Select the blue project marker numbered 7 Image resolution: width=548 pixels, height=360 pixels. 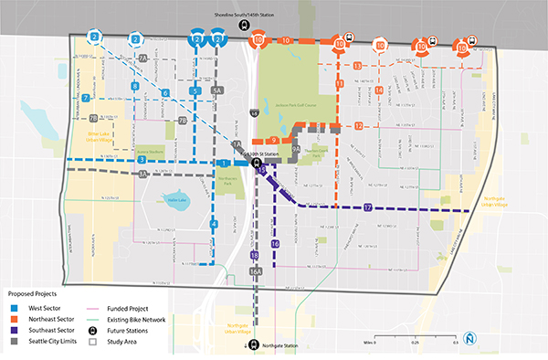(x=85, y=97)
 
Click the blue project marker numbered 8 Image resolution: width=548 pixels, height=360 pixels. (x=135, y=86)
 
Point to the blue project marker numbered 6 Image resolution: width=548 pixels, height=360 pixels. (x=165, y=93)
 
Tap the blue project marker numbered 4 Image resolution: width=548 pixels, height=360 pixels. (x=214, y=223)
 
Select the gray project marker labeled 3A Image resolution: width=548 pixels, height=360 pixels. (x=143, y=173)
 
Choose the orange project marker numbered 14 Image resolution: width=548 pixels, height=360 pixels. (x=378, y=90)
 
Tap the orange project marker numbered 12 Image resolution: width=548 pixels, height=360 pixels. (x=359, y=125)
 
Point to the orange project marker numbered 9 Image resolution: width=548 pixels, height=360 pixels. (x=273, y=139)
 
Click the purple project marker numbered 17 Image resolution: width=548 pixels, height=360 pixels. (x=367, y=207)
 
